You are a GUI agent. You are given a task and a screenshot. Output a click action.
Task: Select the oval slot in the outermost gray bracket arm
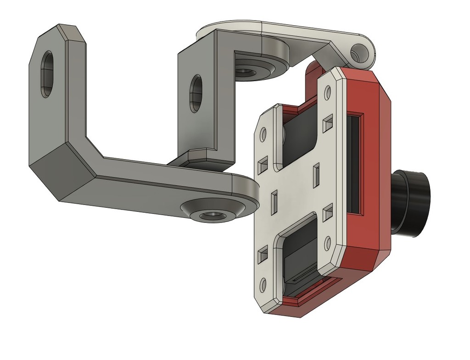[x=47, y=74]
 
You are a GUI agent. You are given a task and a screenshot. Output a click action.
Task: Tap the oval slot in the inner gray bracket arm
[x=196, y=94]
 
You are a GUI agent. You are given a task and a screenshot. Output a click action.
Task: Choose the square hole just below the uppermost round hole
[x=328, y=122]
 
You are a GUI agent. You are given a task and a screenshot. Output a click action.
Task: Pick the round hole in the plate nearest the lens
[x=328, y=241]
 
